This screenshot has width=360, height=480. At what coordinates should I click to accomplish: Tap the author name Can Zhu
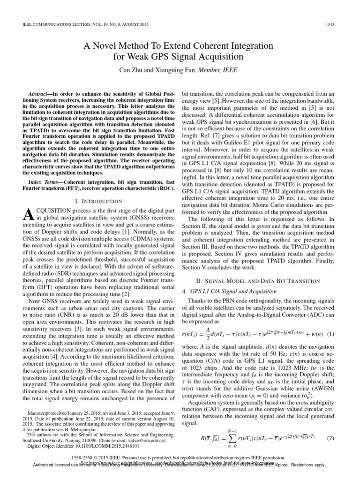coord(136,70)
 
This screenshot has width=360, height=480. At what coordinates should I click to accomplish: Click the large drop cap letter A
coord(28,202)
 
